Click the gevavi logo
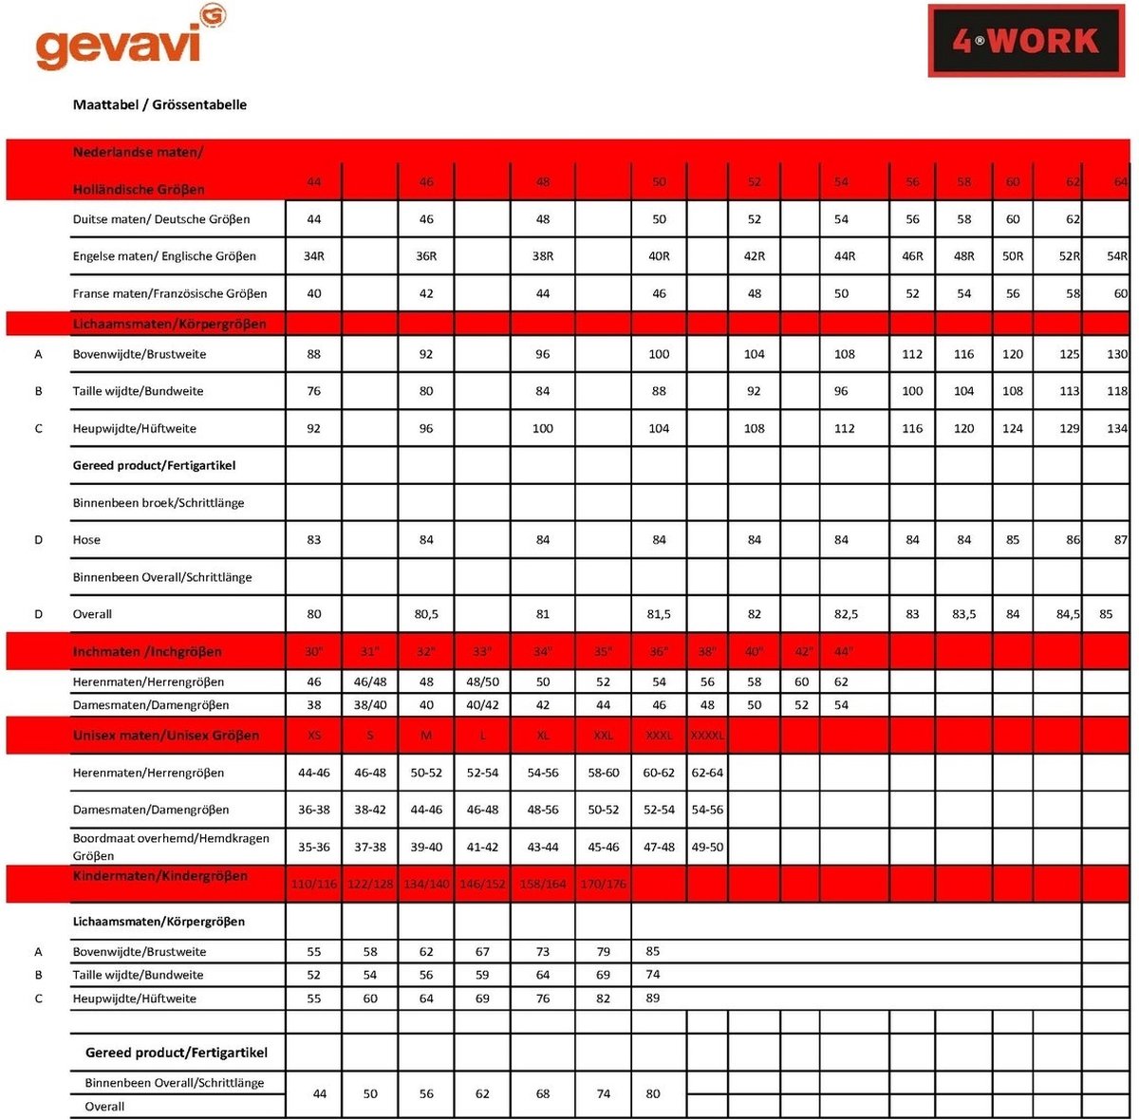tap(130, 41)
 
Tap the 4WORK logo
tap(1025, 41)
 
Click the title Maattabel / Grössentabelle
tap(159, 104)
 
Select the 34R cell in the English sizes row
tap(314, 256)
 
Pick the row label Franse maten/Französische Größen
tap(170, 293)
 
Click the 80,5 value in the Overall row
tap(426, 614)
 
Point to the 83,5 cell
tap(963, 614)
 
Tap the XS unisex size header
tap(314, 736)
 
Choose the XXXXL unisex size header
tap(707, 736)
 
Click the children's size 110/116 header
tap(314, 884)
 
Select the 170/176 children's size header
tap(604, 884)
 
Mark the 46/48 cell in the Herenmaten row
tap(370, 681)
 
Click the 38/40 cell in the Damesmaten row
tap(370, 705)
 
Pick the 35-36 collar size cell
tap(314, 847)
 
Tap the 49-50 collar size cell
tap(707, 847)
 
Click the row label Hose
tap(86, 540)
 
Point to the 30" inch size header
tap(314, 652)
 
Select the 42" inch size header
tap(803, 652)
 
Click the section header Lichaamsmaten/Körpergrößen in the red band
tap(169, 324)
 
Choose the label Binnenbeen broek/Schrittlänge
tap(159, 503)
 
